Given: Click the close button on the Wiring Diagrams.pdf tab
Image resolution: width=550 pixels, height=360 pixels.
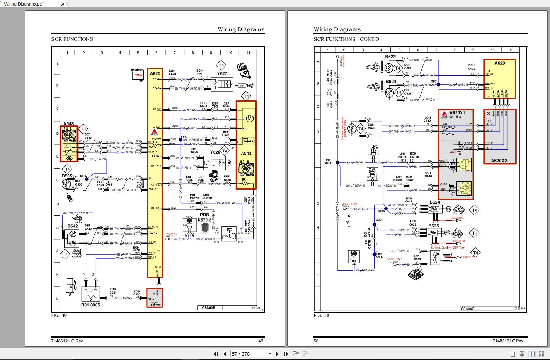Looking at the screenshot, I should pos(63,4).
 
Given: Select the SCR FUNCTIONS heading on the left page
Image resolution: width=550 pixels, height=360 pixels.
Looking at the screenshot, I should pos(72,39).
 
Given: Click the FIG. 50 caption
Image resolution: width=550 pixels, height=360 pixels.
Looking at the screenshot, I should pos(321,315).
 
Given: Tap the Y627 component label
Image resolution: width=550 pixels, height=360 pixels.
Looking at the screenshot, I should pos(222,73).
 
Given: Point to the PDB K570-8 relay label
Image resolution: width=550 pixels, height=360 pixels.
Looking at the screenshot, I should pos(204,217).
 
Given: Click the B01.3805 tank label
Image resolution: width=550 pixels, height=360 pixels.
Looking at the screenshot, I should pos(90,305).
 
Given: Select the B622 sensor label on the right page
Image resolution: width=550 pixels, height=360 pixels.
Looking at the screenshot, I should pos(390,57).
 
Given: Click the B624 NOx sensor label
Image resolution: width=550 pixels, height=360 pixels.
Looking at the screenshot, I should pos(435,202).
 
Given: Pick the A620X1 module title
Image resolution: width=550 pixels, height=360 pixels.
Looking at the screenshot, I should pos(457,113).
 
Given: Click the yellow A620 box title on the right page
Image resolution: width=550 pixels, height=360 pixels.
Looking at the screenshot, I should pos(499,63).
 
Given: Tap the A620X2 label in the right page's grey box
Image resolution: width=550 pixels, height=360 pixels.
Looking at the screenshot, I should pos(499,161).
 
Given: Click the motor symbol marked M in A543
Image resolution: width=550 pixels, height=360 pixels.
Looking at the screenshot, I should pos(249,118).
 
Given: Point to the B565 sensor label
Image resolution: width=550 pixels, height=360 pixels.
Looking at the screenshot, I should pos(67,176).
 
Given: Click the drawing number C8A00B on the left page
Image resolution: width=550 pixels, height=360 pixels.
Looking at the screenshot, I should pos(208,308).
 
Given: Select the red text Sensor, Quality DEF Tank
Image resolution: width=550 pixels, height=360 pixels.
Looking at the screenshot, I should pos(448,248).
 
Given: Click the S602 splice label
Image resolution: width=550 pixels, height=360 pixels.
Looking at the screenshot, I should pos(184,137).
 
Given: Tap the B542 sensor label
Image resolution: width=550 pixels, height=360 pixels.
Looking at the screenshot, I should pos(72,226).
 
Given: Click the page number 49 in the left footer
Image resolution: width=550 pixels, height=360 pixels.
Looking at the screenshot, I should pos(261,341).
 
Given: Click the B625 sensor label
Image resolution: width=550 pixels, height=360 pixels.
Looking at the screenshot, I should pos(433,226).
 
